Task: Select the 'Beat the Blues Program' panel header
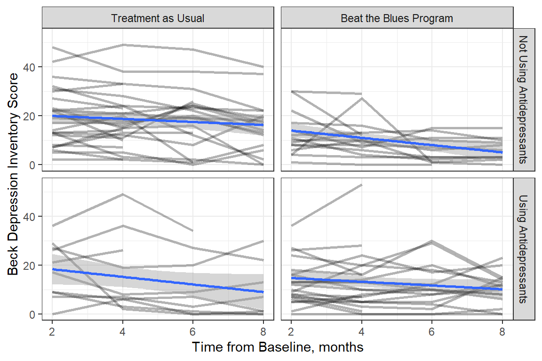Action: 397,18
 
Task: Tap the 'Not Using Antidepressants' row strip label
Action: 524,100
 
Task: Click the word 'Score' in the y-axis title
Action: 14,87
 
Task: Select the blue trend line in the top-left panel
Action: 158,120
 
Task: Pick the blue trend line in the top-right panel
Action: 397,141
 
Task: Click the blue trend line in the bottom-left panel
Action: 158,280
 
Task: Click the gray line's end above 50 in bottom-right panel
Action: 361,185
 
